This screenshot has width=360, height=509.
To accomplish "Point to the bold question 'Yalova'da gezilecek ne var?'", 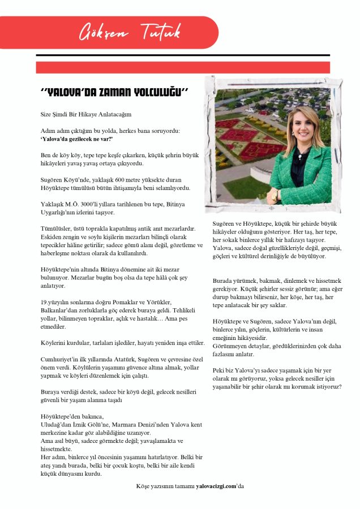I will click(77, 139).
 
